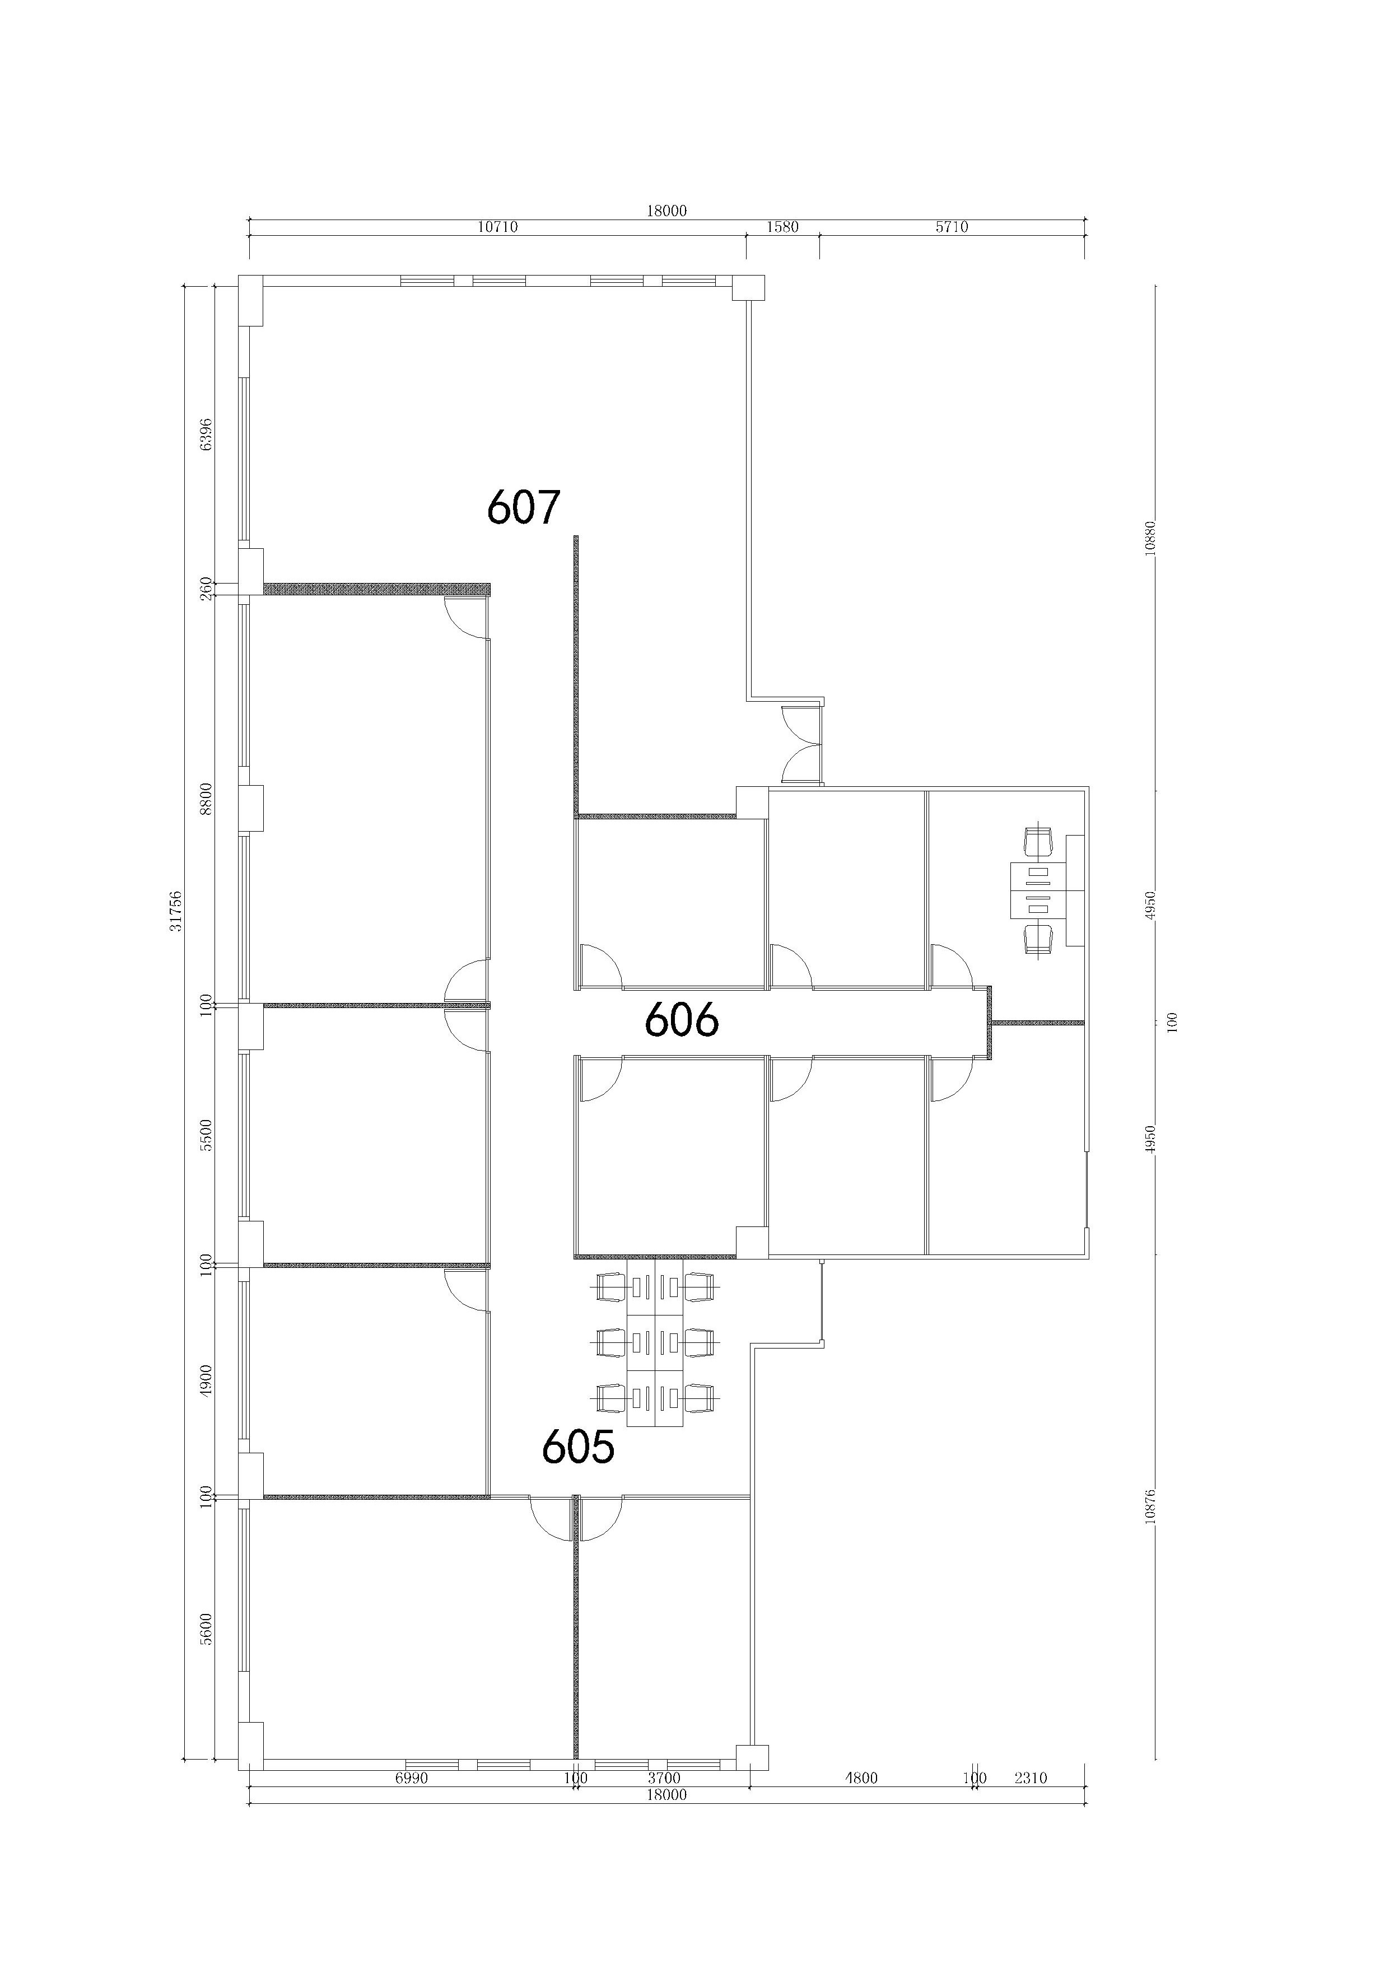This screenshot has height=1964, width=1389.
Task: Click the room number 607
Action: click(524, 507)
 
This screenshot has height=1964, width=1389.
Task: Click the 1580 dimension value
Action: click(782, 227)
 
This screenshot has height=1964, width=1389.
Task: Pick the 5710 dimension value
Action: click(952, 227)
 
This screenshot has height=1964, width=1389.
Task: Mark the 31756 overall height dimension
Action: click(176, 911)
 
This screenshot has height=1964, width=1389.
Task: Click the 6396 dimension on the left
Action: click(206, 435)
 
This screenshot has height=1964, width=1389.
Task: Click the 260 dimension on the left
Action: click(206, 587)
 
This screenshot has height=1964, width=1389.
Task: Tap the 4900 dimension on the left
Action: click(206, 1380)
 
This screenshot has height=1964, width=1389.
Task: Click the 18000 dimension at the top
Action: click(666, 211)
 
